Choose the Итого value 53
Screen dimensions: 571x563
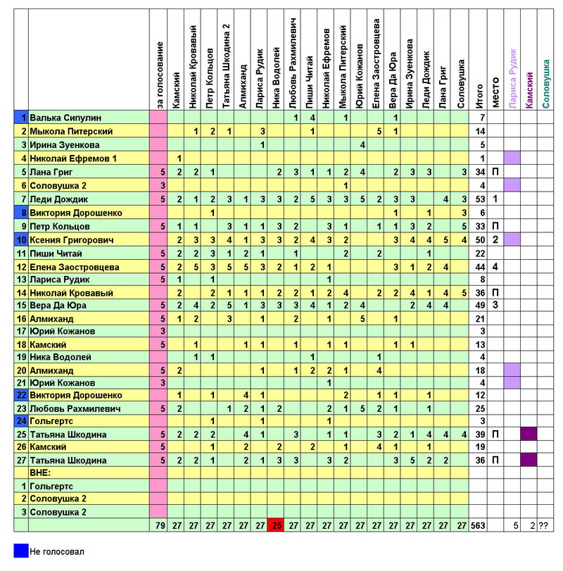482,199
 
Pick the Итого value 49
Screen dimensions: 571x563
482,305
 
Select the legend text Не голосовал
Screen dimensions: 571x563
56,551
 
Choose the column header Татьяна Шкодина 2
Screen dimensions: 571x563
227,65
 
